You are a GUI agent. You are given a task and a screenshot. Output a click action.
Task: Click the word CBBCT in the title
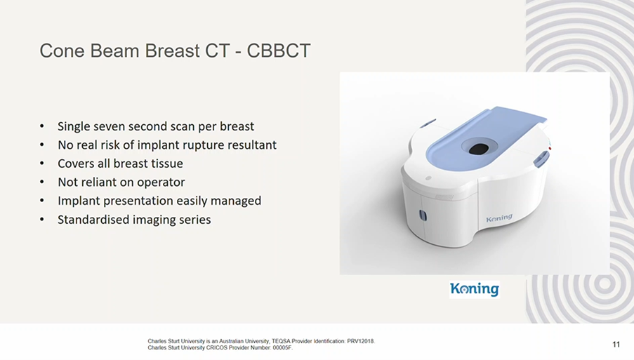(x=279, y=51)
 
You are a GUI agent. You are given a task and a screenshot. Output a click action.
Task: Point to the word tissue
(x=166, y=164)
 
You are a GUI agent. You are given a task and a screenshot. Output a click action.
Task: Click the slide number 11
(x=616, y=345)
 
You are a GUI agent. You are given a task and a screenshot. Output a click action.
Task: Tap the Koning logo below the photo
(x=475, y=289)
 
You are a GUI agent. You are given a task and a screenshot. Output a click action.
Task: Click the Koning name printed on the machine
(x=499, y=218)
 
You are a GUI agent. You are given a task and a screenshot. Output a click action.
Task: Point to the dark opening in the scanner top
(x=479, y=149)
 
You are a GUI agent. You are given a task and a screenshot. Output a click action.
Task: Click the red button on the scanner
(x=550, y=149)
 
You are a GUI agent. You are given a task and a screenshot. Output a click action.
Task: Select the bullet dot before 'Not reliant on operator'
(x=42, y=182)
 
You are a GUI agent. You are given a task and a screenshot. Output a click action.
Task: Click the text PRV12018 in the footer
(x=361, y=342)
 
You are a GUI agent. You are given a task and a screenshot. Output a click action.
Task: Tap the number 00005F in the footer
(x=283, y=348)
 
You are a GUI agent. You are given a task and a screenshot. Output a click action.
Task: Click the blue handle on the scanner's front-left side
(x=423, y=215)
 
